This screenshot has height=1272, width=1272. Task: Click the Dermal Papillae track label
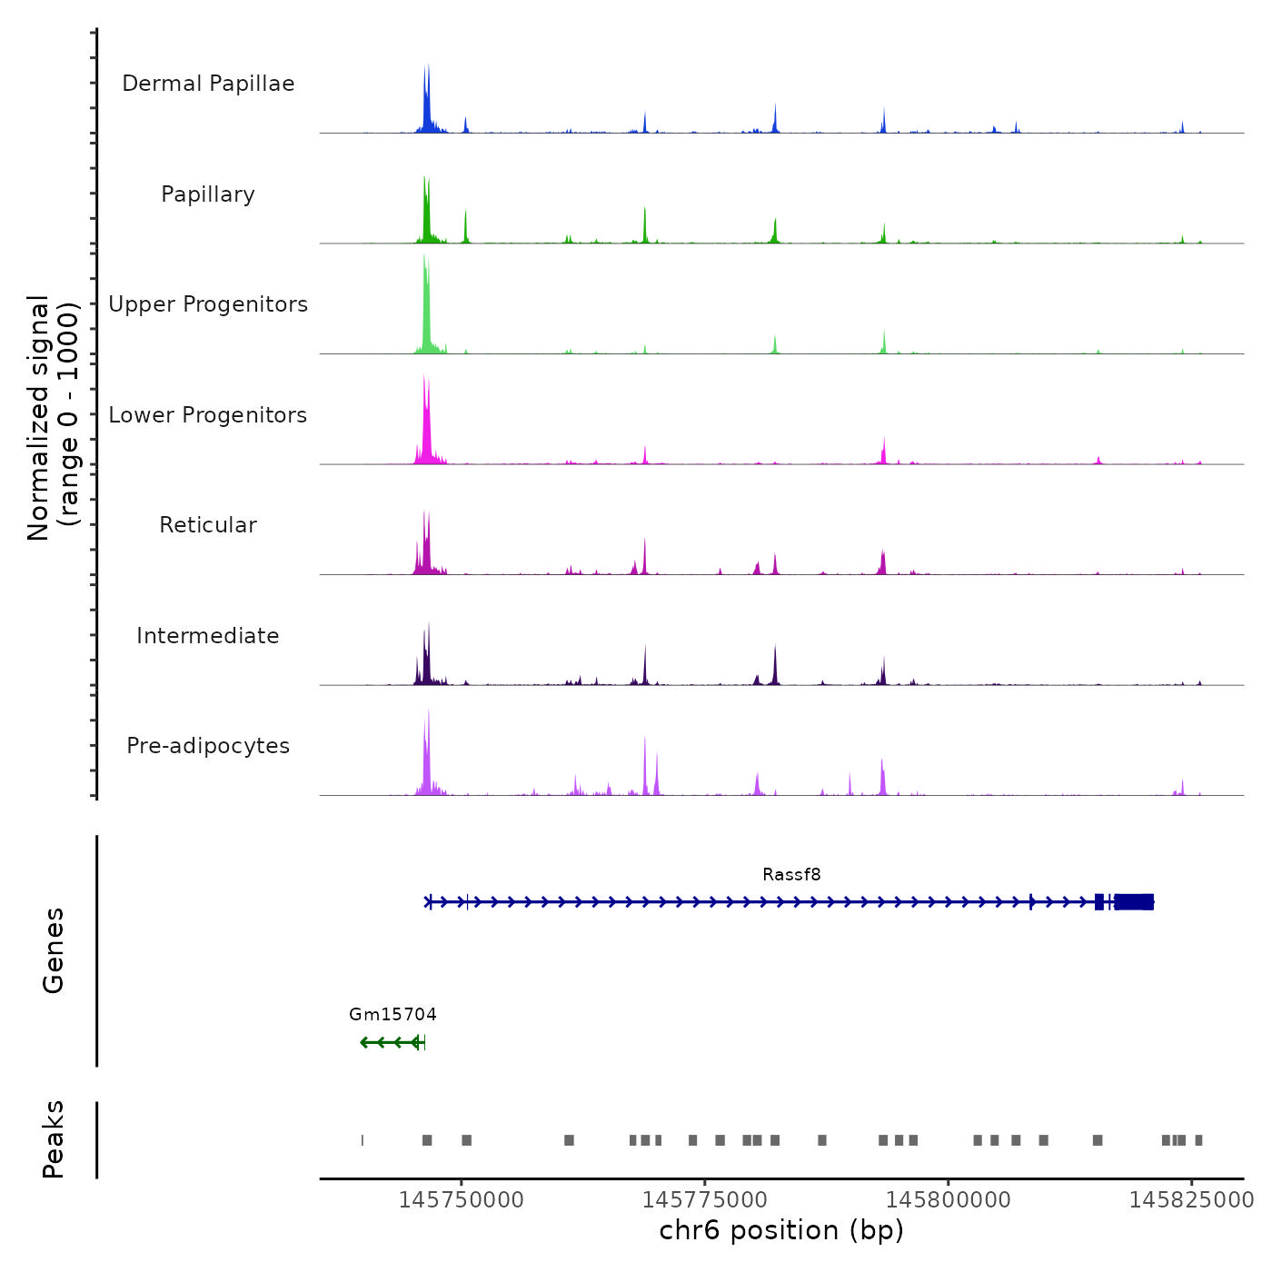coord(208,84)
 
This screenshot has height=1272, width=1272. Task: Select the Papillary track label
coord(208,194)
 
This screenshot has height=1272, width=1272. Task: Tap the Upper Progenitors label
coord(208,304)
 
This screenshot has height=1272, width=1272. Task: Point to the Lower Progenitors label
coord(208,415)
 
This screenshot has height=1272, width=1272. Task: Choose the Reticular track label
coord(208,525)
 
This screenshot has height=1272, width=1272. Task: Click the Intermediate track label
coord(208,636)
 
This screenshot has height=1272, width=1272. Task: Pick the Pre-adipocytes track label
coord(208,746)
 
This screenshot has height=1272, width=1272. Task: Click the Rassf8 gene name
coord(791,875)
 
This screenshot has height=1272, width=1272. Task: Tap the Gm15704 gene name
coord(393,1015)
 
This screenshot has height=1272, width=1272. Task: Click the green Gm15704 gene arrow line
coord(391,1042)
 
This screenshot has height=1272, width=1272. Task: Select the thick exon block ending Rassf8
coord(1134,901)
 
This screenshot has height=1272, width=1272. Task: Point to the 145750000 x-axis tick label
coord(462,1200)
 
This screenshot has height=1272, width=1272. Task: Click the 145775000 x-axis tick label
coord(705,1200)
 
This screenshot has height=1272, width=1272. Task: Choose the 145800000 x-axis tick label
coord(949,1200)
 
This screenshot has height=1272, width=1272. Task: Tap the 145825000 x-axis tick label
coord(1191,1200)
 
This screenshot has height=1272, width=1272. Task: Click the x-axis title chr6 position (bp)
coord(781,1230)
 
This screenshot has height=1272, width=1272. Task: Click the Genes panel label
coord(54,950)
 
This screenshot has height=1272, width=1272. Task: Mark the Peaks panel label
coord(54,1139)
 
